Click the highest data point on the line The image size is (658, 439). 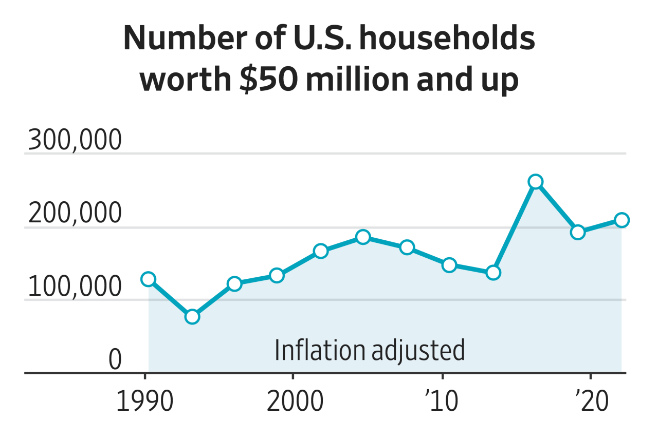tap(536, 182)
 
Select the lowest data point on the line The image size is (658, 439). tap(192, 317)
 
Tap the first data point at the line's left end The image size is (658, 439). tap(149, 279)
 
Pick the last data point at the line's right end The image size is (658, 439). tap(622, 220)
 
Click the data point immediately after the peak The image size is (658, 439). tap(578, 233)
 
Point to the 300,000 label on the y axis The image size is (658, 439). tap(75, 140)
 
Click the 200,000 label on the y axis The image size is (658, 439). tap(75, 214)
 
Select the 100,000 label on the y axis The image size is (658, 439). tap(75, 287)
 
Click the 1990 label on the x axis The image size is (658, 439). tap(145, 402)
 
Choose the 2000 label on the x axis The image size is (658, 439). tap(295, 402)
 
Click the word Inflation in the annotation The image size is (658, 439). tap(319, 350)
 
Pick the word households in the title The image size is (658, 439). tap(447, 40)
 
